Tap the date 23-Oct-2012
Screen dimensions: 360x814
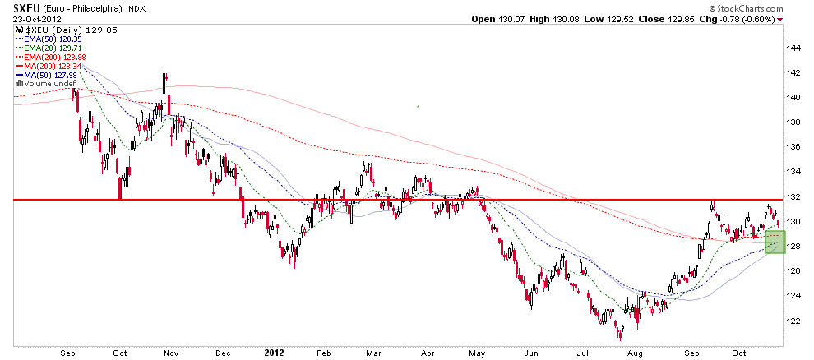25,19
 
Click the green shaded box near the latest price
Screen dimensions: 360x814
775,242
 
